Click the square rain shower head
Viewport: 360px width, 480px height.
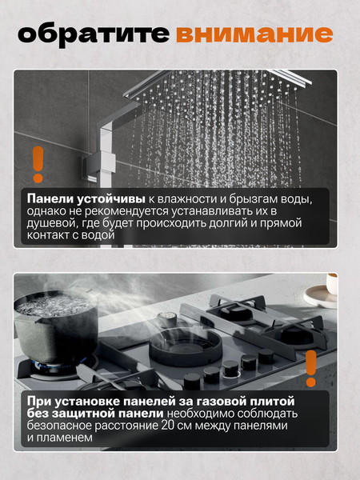[232, 84]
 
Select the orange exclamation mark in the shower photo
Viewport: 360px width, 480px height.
[37, 166]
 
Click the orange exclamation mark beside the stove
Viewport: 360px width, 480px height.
[311, 369]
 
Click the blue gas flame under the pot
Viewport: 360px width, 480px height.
[48, 370]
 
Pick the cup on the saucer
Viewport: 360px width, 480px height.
[331, 287]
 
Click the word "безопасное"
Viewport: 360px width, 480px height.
[63, 426]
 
